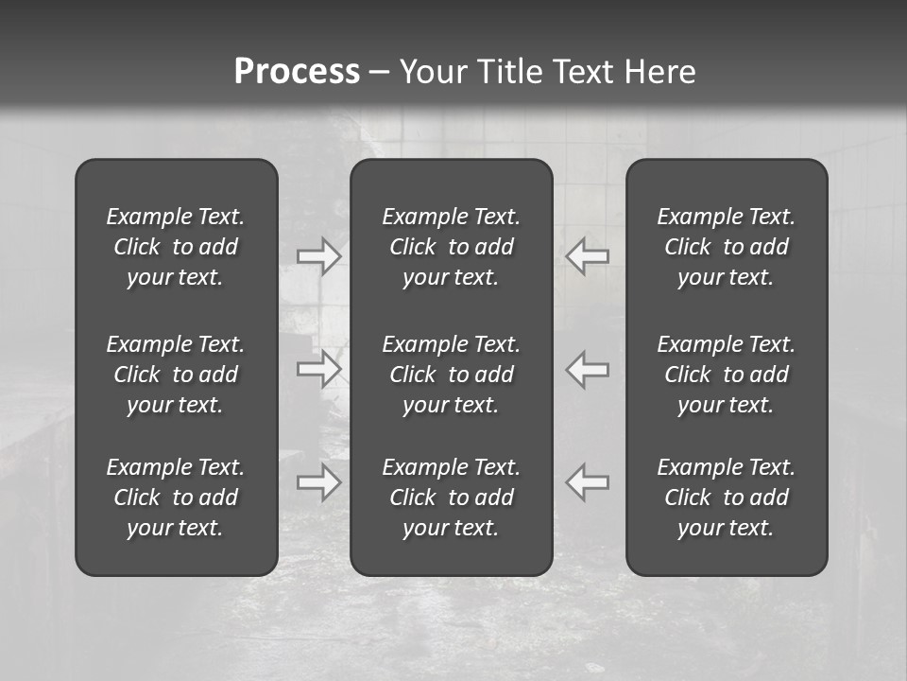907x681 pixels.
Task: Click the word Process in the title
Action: click(x=297, y=72)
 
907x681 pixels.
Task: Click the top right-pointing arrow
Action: click(x=319, y=255)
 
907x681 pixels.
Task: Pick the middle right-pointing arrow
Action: click(x=319, y=369)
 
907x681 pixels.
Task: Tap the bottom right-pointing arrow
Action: click(x=319, y=482)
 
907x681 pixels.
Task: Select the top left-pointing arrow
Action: click(x=588, y=255)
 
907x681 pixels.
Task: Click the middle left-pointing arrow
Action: click(x=588, y=369)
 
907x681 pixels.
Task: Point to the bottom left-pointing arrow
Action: click(x=588, y=482)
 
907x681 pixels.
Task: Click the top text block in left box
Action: click(x=176, y=247)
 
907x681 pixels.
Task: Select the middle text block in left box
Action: click(x=176, y=375)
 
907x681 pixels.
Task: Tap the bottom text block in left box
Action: click(x=176, y=498)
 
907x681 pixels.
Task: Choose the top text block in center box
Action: click(x=451, y=247)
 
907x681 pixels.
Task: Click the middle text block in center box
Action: click(x=451, y=375)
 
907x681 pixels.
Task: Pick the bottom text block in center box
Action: click(x=451, y=498)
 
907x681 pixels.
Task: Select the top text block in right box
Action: click(x=726, y=247)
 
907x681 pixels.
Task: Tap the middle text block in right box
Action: click(x=726, y=375)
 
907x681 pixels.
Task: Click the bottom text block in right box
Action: click(x=726, y=498)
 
